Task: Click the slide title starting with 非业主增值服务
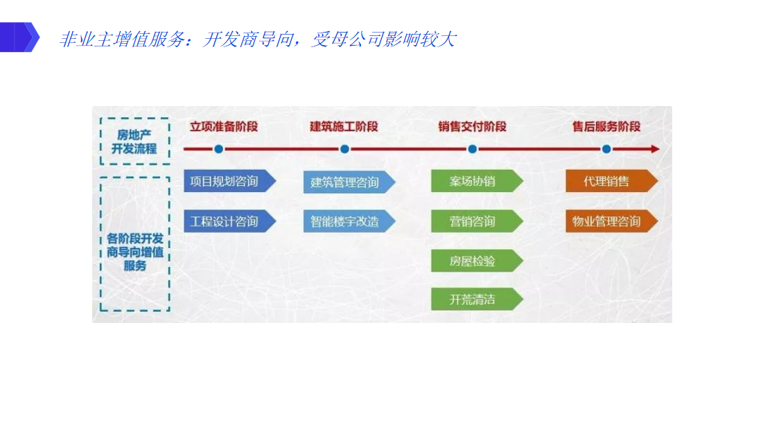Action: coord(257,39)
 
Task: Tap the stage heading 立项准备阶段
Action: coord(224,126)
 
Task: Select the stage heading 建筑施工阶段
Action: coord(344,126)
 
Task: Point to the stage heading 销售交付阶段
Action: coord(472,126)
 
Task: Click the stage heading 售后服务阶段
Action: coord(606,126)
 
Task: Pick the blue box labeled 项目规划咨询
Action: coord(229,181)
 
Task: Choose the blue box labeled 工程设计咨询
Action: coord(229,221)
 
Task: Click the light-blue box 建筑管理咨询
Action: coord(349,182)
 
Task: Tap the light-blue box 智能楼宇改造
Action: coord(349,221)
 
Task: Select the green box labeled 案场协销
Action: coord(477,181)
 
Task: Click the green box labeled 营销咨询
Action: coord(477,221)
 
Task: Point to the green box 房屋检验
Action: coord(477,261)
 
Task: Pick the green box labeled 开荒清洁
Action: coord(477,299)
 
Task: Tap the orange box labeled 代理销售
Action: coord(612,181)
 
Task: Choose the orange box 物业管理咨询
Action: coord(612,221)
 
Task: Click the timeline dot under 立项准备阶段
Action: coord(219,149)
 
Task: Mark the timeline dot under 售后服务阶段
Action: coord(606,149)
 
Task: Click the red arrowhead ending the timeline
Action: coord(656,149)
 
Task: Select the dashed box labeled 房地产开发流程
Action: coord(135,141)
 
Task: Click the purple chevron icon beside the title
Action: coord(19,37)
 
